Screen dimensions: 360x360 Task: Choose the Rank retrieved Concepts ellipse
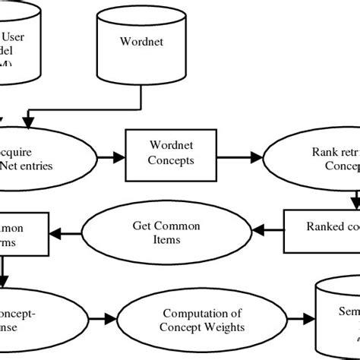318,155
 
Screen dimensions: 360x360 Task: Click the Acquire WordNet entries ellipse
46,155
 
